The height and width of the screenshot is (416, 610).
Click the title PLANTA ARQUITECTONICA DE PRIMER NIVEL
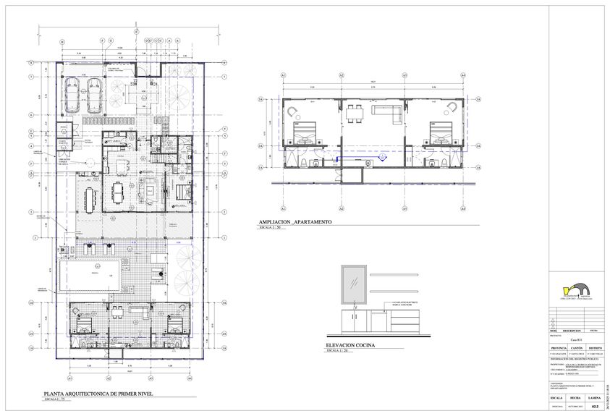coord(100,394)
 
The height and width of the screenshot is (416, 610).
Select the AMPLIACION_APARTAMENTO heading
coord(289,222)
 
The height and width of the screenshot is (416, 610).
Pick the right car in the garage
coord(93,93)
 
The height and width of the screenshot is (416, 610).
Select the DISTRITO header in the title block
coord(594,347)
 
